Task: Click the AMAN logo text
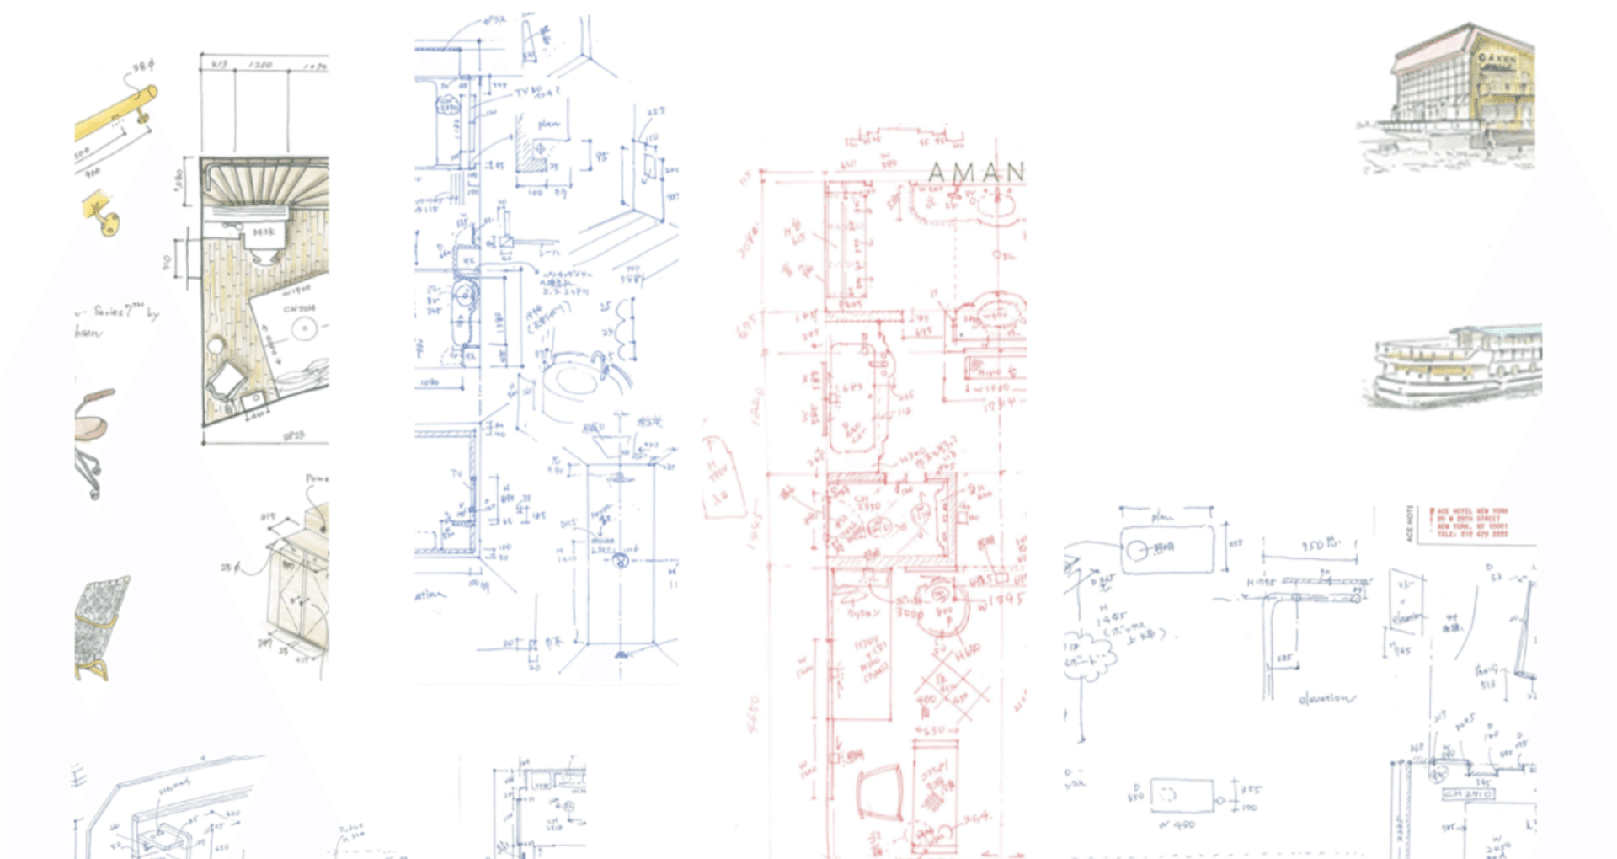pyautogui.click(x=976, y=172)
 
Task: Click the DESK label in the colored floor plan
pyautogui.click(x=264, y=232)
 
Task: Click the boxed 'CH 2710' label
pyautogui.click(x=1469, y=794)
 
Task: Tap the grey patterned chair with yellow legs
pyautogui.click(x=100, y=623)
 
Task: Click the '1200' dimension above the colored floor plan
pyautogui.click(x=260, y=65)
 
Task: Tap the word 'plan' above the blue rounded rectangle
pyautogui.click(x=1162, y=516)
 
